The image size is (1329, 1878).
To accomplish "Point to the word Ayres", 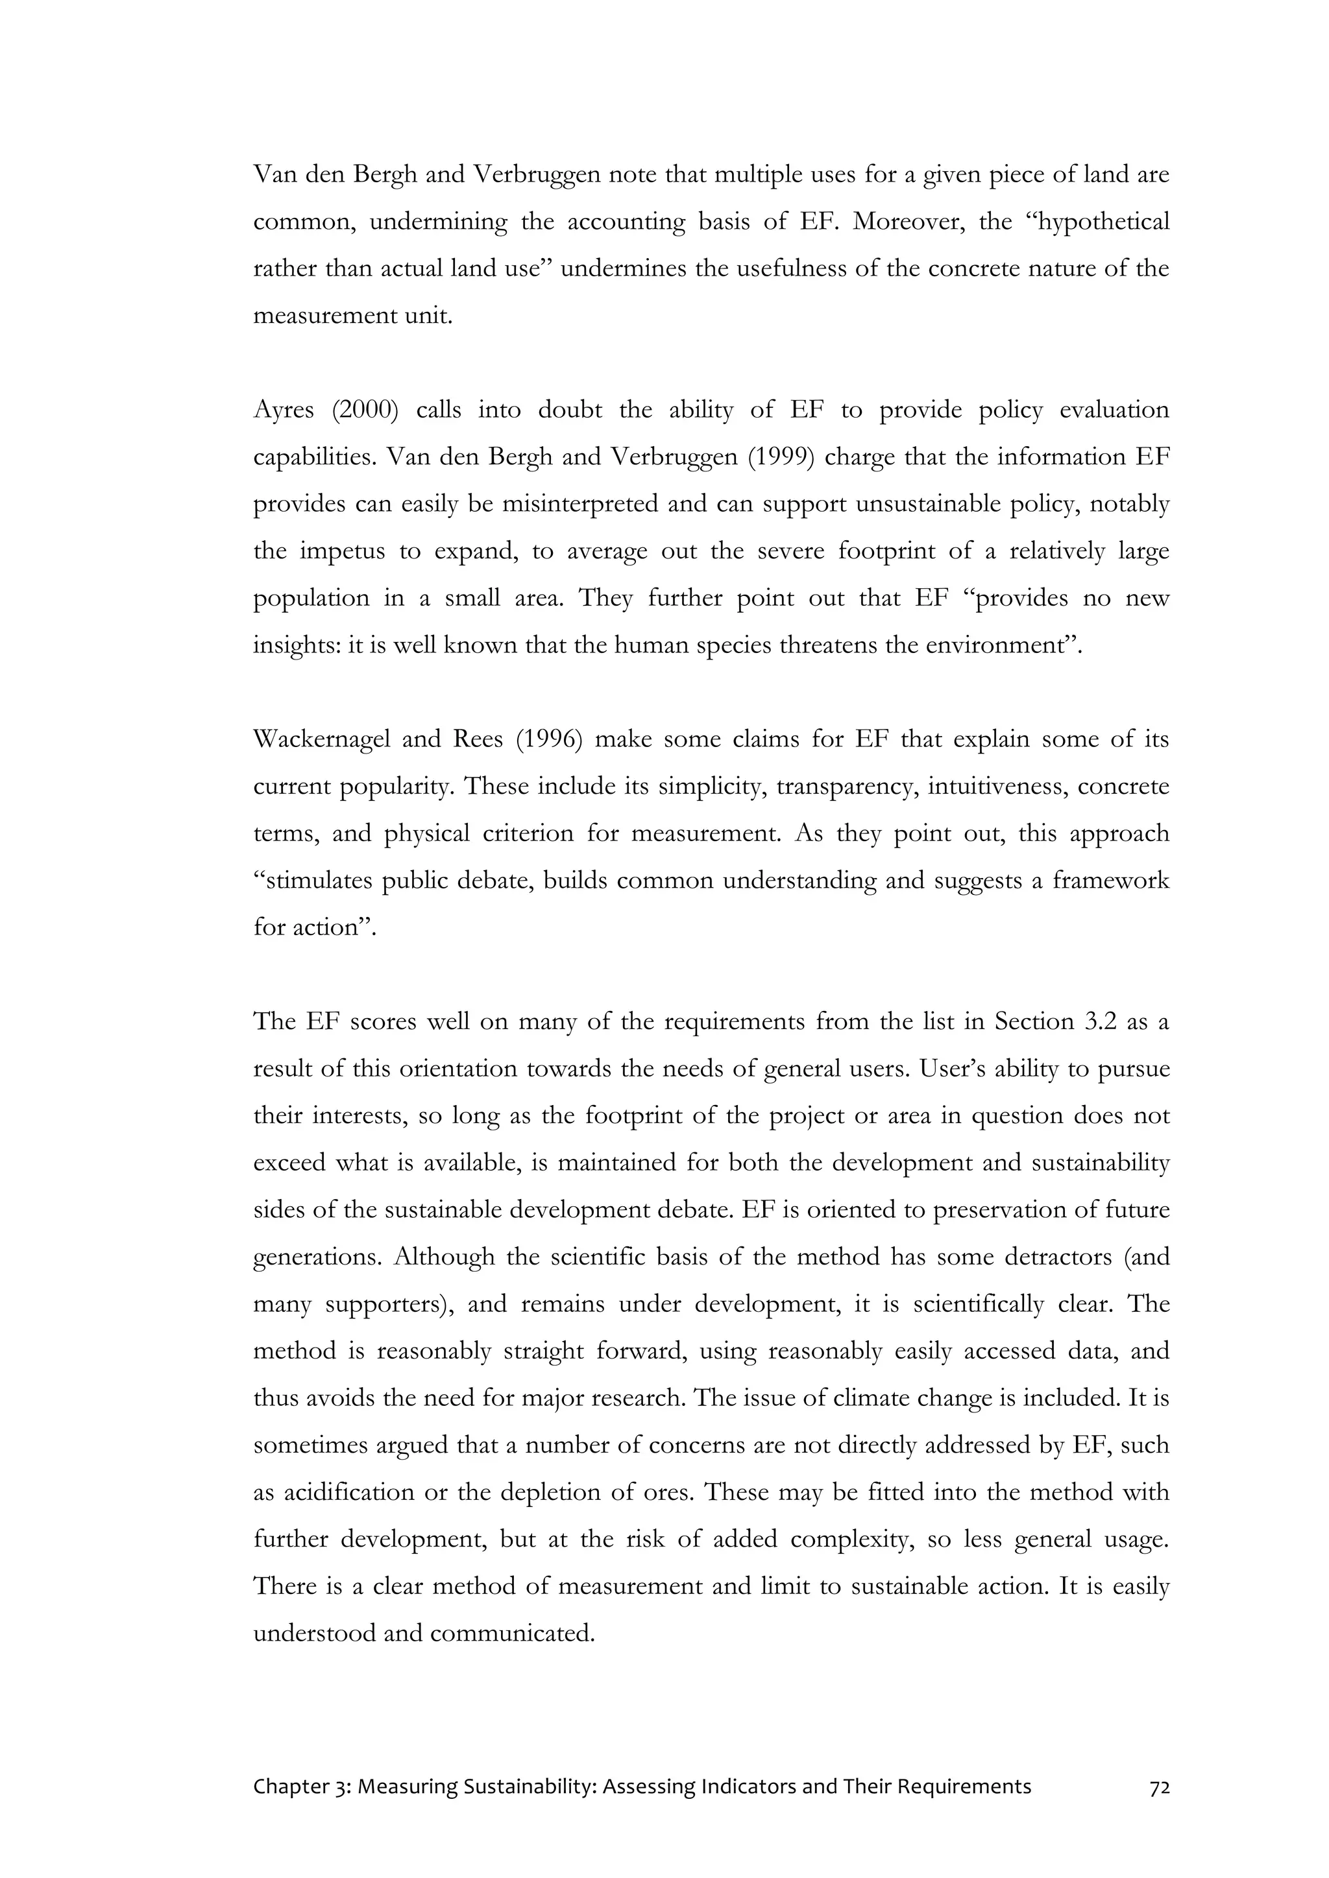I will click(283, 410).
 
